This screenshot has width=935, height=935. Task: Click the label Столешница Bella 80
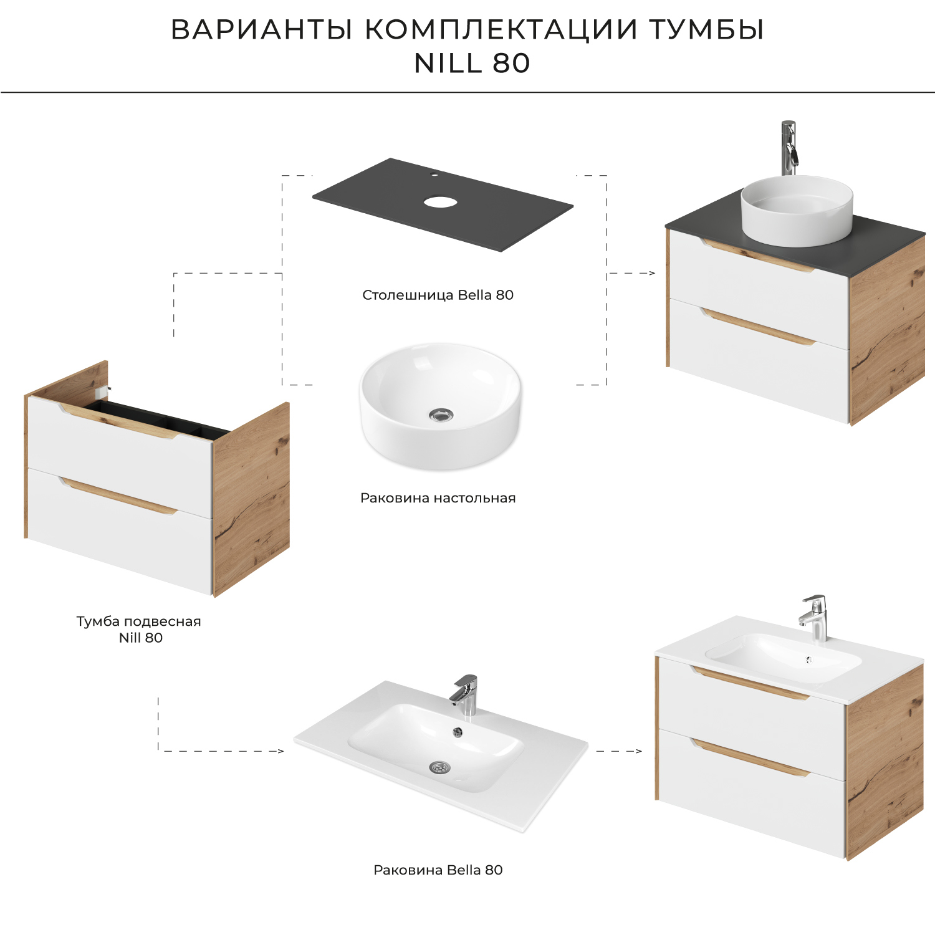point(438,295)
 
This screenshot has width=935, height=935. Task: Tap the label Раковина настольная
point(438,498)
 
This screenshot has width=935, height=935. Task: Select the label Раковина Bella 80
point(438,870)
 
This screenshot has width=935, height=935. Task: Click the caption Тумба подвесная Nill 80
point(139,629)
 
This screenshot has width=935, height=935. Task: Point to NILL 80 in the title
point(472,63)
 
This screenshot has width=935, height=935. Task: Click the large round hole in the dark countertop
point(441,201)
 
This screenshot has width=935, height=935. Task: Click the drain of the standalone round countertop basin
point(441,415)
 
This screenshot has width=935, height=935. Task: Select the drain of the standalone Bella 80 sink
point(439,767)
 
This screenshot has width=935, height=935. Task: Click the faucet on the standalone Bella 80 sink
point(465,694)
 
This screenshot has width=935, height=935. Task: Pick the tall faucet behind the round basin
point(789,148)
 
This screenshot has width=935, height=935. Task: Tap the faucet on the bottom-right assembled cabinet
point(815,616)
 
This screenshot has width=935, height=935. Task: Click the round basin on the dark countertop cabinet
point(796,209)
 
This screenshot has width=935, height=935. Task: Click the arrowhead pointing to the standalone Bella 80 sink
point(280,751)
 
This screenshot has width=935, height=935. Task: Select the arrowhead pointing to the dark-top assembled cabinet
point(652,273)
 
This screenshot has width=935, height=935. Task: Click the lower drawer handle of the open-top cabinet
point(118,496)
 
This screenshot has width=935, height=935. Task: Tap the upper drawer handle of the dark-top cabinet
point(757,257)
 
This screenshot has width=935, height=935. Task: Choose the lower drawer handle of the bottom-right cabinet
point(751,758)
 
